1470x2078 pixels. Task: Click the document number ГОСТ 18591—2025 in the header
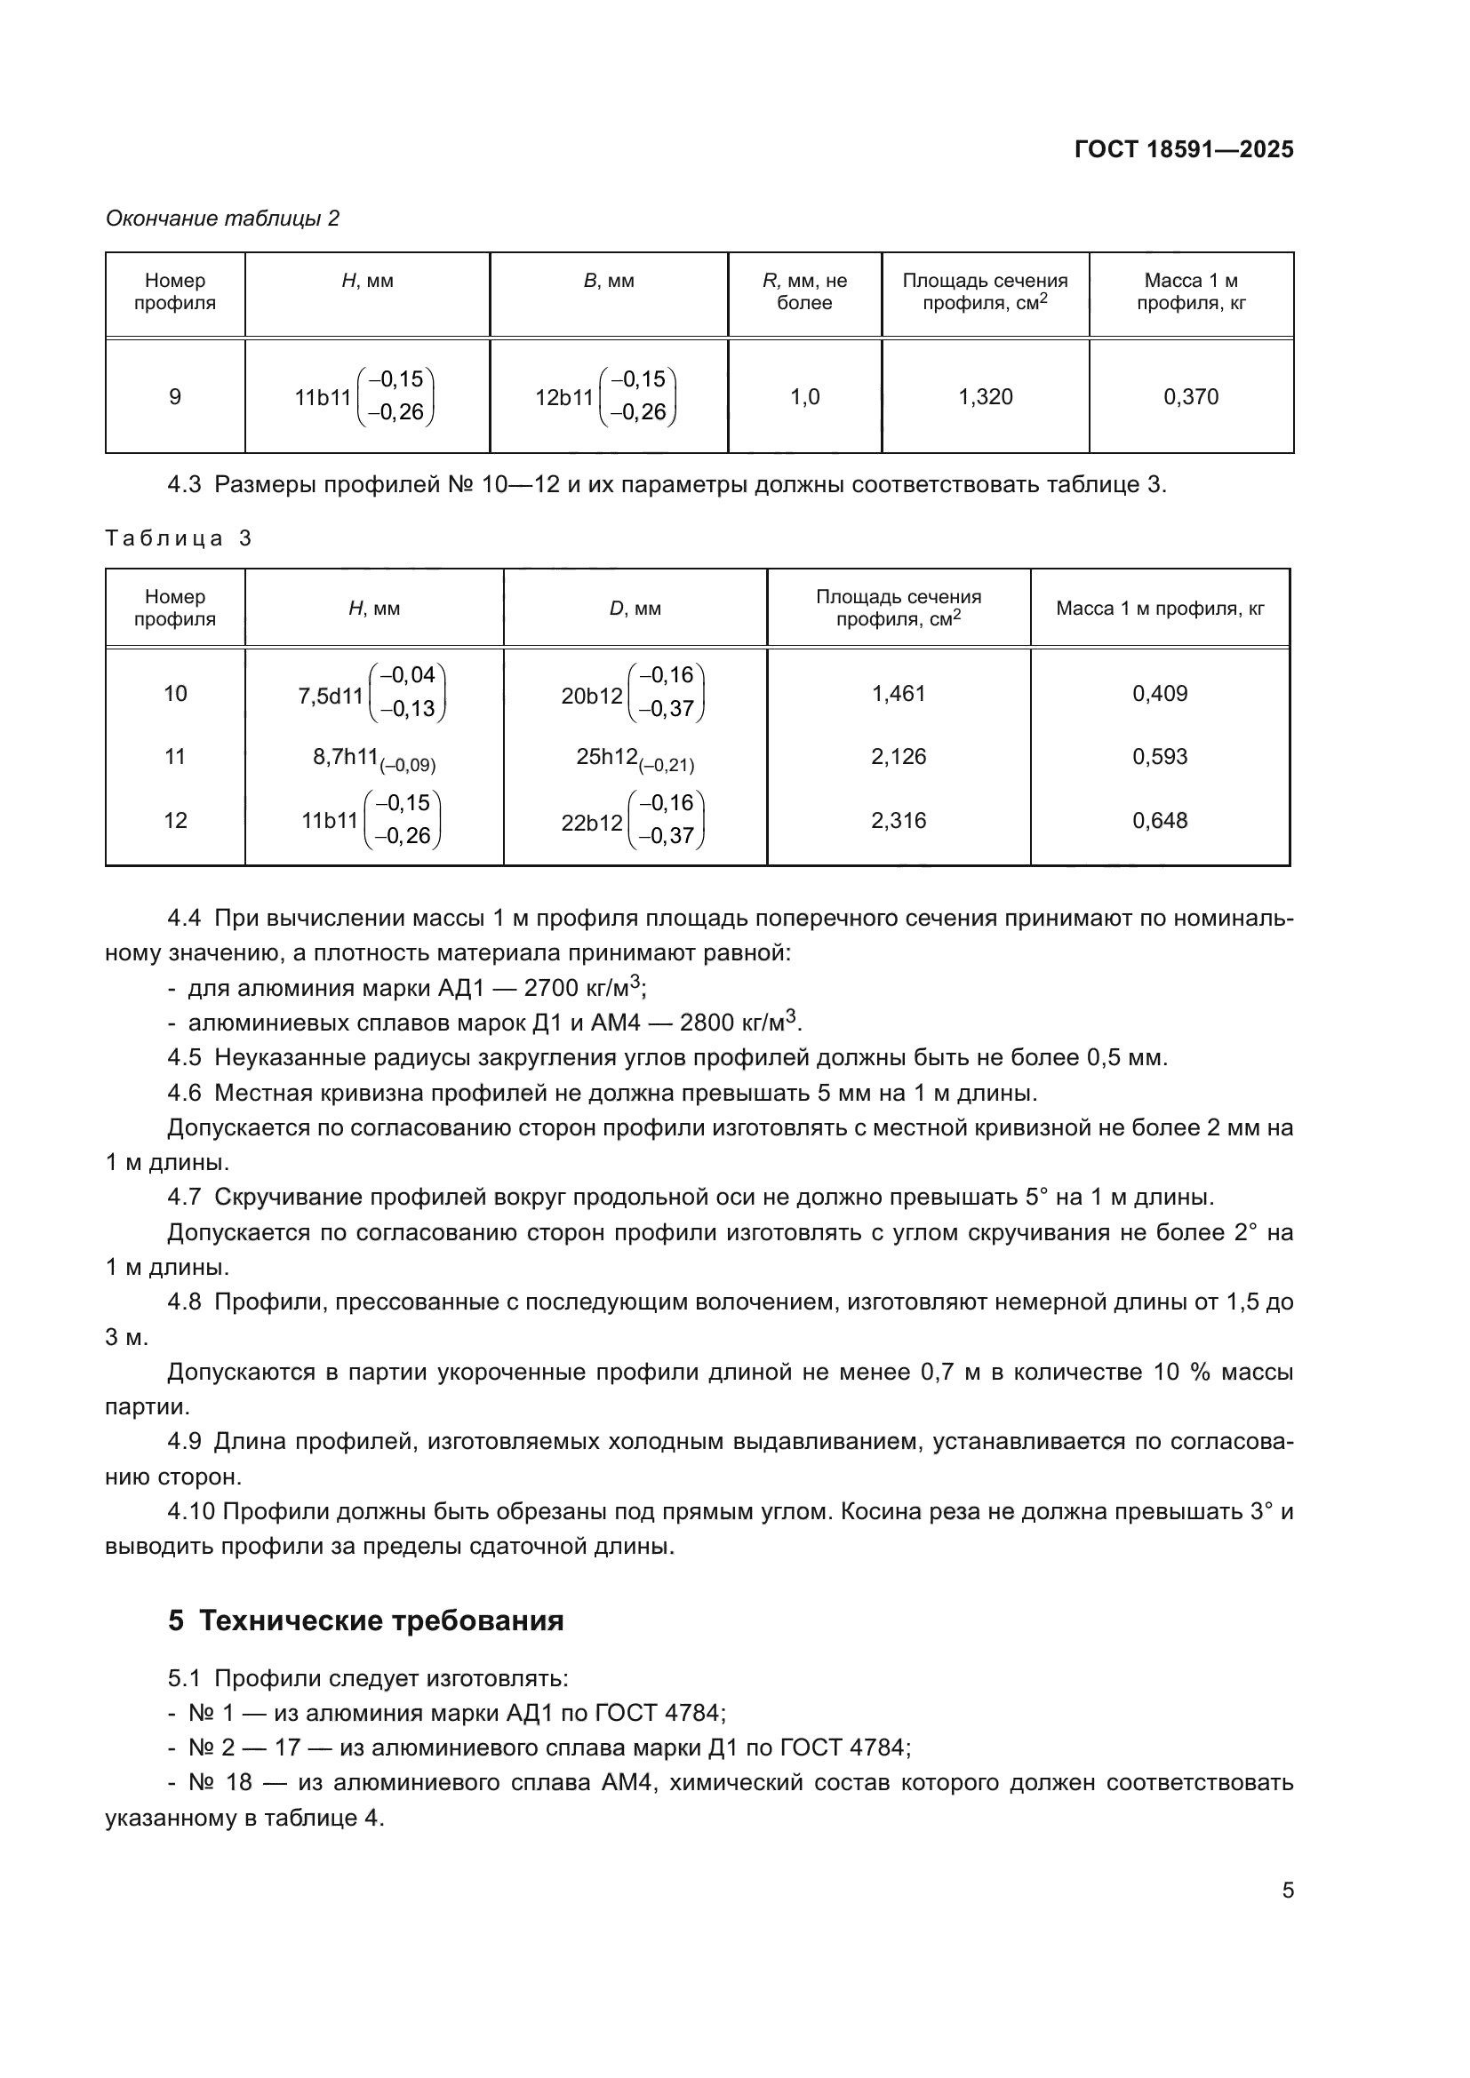1183,149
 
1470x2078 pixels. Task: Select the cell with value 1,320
985,396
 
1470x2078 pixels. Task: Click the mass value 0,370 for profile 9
1190,396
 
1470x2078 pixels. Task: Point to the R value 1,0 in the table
804,396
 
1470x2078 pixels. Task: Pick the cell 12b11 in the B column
605,396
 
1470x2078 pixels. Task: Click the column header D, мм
635,609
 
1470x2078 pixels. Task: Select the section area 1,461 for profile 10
898,693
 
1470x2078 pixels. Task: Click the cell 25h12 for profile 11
635,758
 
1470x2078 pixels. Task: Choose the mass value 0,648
1160,820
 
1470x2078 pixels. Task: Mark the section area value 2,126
898,757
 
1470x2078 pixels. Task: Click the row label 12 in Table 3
175,820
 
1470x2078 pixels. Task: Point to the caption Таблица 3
179,538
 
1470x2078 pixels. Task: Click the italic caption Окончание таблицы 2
223,219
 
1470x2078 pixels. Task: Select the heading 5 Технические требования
365,1620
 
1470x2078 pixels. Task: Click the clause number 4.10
191,1511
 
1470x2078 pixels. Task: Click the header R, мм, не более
804,291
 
